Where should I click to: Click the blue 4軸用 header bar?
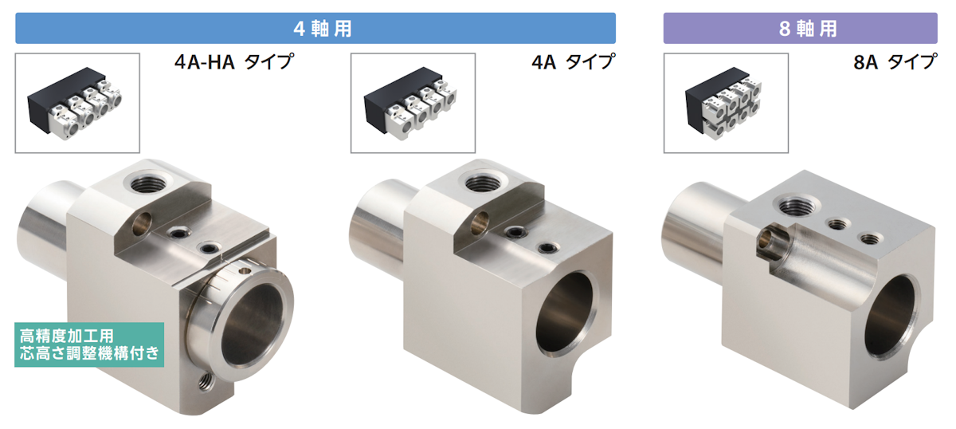(315, 29)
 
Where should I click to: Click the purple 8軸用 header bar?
(800, 29)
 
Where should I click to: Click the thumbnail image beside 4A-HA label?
(77, 103)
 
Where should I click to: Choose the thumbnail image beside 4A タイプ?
(413, 103)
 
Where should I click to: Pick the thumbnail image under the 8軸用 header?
(725, 103)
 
